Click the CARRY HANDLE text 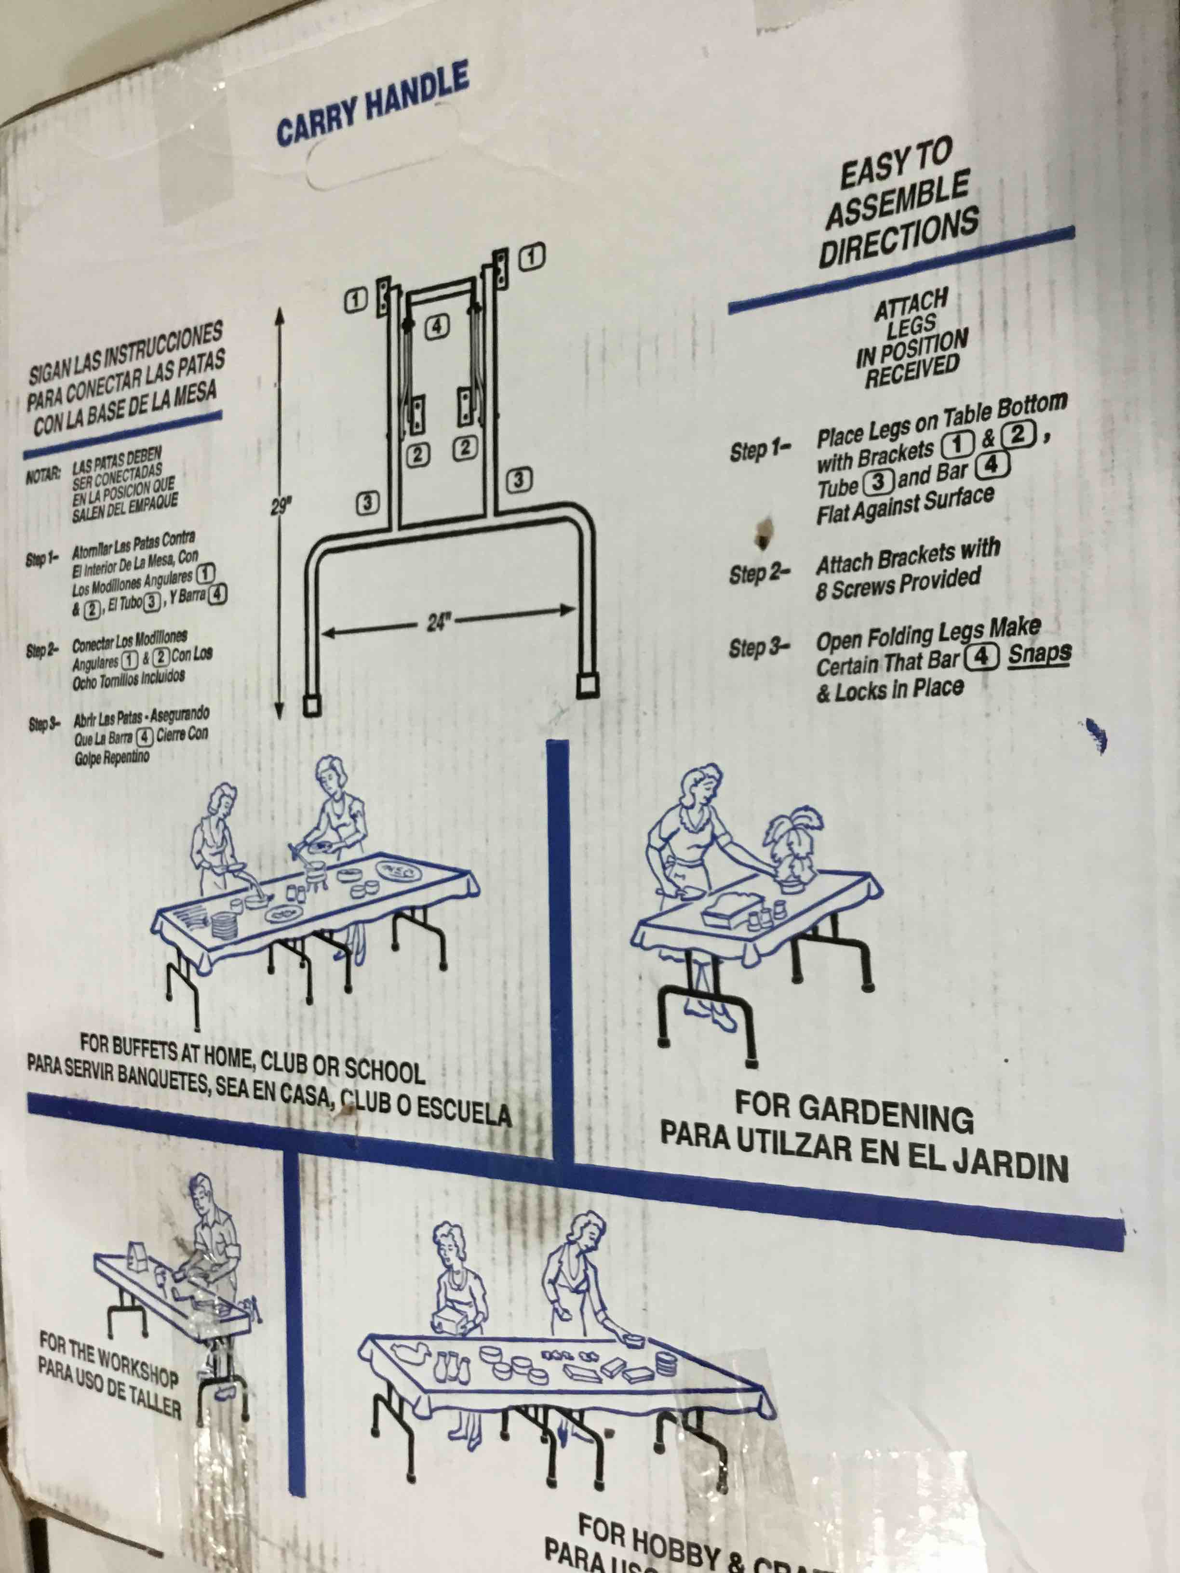coord(373,107)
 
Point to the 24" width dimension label coord(439,623)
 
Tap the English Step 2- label coord(759,573)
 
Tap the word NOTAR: coord(43,475)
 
